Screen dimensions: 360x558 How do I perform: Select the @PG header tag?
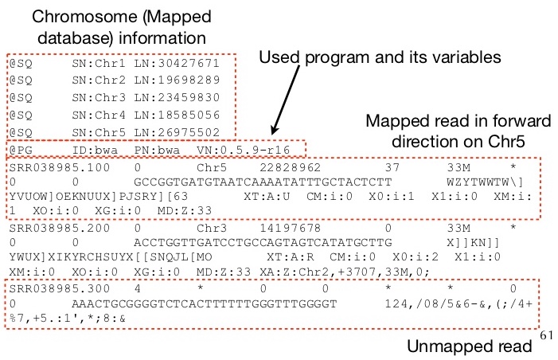click(x=18, y=151)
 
